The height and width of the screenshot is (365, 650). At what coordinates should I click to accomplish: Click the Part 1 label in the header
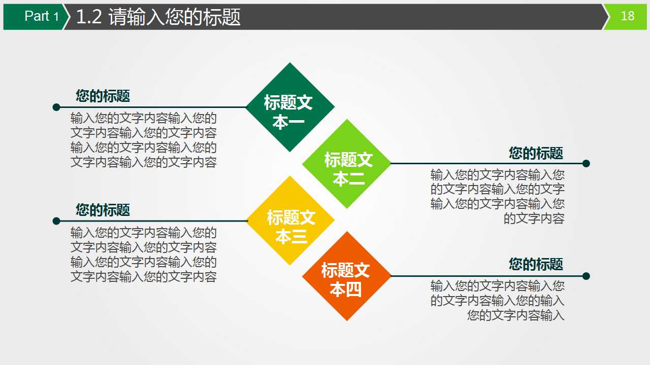41,17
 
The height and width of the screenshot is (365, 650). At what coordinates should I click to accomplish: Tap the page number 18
628,16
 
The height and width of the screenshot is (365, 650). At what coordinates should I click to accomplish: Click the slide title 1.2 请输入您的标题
158,17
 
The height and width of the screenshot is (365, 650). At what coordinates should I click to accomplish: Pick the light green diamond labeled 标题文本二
347,164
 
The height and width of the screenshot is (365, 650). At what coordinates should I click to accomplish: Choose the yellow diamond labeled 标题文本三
290,221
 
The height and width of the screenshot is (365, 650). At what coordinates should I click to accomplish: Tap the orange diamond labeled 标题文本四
347,276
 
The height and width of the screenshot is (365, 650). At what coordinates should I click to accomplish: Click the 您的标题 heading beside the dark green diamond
103,96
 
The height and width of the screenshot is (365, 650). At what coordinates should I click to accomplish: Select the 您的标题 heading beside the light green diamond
536,153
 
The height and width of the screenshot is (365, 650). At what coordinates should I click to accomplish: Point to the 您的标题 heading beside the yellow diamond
103,210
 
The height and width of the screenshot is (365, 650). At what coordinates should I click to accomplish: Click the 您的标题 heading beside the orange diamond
536,264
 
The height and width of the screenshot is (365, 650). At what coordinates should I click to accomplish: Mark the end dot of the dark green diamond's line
56,107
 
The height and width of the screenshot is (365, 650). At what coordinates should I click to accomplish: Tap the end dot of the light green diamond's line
586,163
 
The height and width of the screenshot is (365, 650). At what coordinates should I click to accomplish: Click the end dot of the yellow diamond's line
56,221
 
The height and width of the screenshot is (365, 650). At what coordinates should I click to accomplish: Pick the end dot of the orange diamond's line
586,276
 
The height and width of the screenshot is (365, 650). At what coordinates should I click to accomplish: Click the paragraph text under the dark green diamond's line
144,140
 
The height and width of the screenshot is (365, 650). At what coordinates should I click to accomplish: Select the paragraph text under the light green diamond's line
498,197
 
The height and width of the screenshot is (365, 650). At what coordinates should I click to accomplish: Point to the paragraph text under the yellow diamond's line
144,255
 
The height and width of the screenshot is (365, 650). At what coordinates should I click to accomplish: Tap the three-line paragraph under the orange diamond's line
498,301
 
